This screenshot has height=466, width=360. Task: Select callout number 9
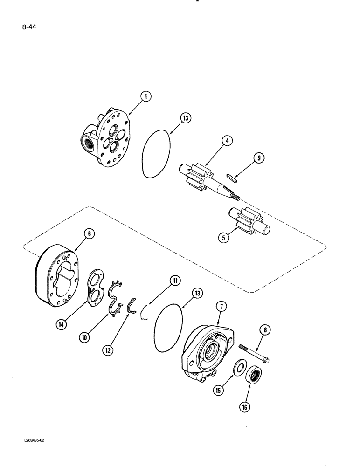click(258, 159)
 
